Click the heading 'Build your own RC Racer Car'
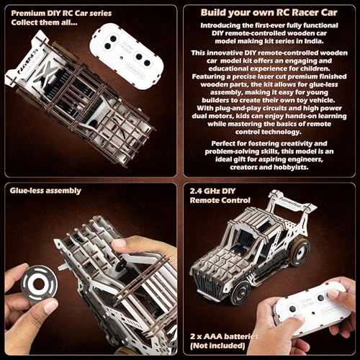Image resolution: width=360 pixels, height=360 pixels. tap(271, 14)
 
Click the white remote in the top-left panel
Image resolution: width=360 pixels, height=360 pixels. tap(127, 49)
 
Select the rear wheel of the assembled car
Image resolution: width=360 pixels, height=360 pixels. tap(298, 252)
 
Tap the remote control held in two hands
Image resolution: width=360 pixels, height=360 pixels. tap(306, 310)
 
